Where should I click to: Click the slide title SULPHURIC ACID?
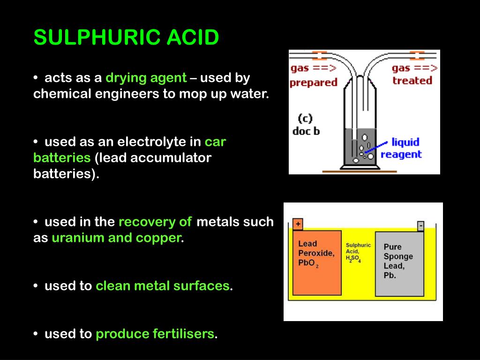coord(126,37)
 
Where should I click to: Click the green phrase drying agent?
coord(146,78)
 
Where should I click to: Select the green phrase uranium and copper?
coord(116,238)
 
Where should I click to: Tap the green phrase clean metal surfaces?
coord(163,285)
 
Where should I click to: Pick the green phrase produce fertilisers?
coord(155,334)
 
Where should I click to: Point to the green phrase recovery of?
coord(155,222)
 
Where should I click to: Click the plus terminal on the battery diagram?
coord(297,225)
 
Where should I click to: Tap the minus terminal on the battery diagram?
coord(420,226)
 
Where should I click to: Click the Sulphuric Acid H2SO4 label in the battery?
coord(358,253)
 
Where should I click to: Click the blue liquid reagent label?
coord(401,148)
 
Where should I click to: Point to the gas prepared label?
coord(313,75)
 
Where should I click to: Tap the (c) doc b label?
coord(306,125)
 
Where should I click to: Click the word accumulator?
coord(171,158)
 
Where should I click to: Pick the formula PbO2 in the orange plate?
coord(308,263)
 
